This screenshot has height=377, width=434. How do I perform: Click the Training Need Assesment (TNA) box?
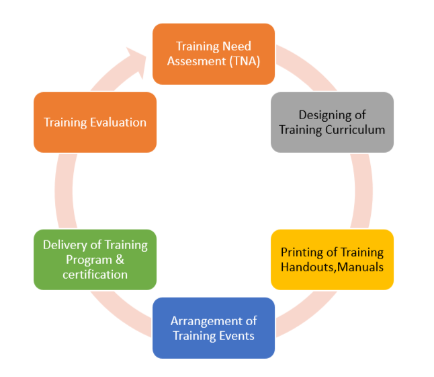(214, 54)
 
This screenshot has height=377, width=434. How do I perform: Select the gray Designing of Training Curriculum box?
(332, 123)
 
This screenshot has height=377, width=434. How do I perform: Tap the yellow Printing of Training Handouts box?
(332, 260)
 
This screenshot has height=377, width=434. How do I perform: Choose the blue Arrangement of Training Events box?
(214, 328)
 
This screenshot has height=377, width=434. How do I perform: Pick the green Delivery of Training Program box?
(95, 260)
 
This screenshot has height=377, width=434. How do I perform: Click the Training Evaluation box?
(95, 123)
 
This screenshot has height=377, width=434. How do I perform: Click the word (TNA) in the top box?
(245, 61)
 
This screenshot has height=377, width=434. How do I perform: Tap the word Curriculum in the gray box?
(355, 130)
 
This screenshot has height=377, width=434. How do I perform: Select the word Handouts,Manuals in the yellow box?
(332, 267)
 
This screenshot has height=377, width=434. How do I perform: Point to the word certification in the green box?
(95, 275)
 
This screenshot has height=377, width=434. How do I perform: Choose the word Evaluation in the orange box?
(118, 123)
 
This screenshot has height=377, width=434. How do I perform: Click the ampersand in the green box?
(120, 260)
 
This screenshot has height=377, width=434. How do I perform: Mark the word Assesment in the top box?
(196, 61)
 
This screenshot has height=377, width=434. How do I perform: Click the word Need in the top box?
(236, 46)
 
